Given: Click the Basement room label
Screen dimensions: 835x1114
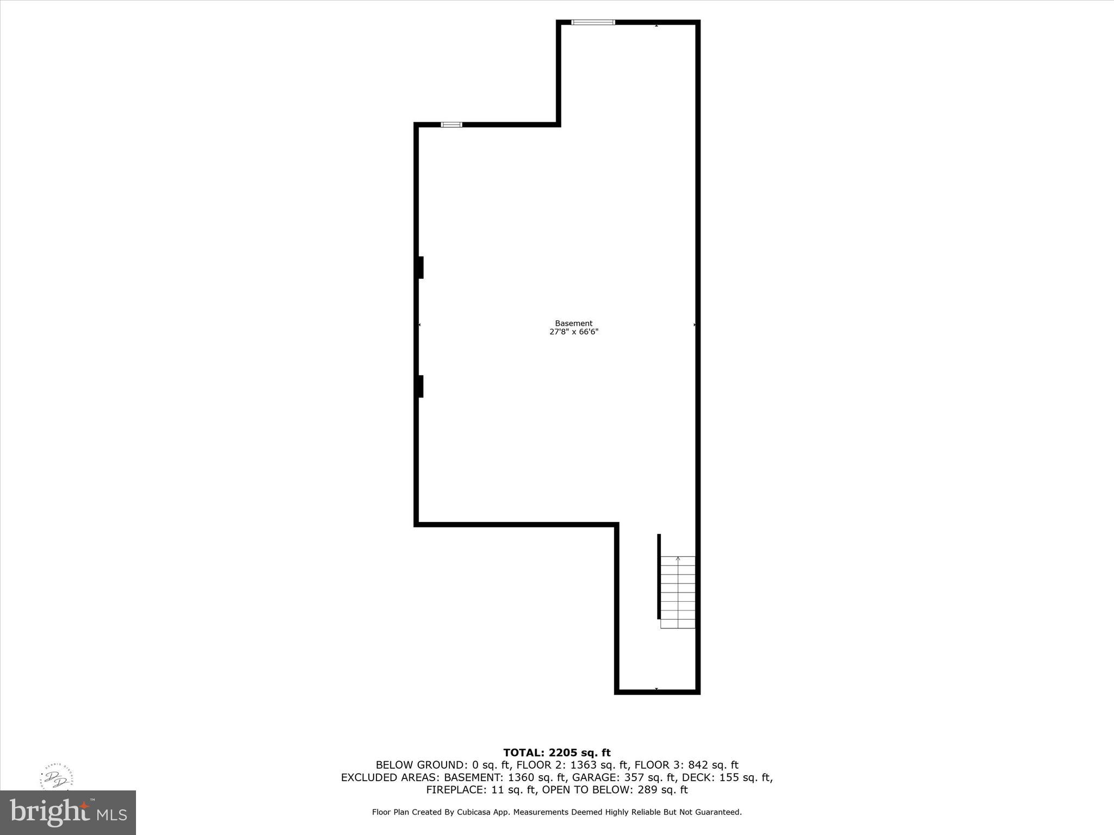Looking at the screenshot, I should tap(573, 323).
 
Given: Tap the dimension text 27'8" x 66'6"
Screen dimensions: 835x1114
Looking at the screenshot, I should tap(573, 332).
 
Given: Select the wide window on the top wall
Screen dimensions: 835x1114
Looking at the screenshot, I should tap(593, 22).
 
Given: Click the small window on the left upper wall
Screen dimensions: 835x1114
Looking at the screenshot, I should tap(451, 125).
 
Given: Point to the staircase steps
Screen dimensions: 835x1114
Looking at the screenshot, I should tap(678, 593).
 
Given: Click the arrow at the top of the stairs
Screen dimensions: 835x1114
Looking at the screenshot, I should tap(678, 559).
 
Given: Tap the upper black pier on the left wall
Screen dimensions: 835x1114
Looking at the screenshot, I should tap(420, 267).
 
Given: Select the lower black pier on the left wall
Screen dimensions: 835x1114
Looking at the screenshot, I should tap(420, 387).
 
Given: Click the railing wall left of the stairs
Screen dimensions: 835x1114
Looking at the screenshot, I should tap(659, 576).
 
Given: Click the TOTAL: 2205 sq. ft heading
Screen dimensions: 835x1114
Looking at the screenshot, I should tap(556, 753).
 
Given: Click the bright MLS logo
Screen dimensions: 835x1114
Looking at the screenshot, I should tap(68, 813).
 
